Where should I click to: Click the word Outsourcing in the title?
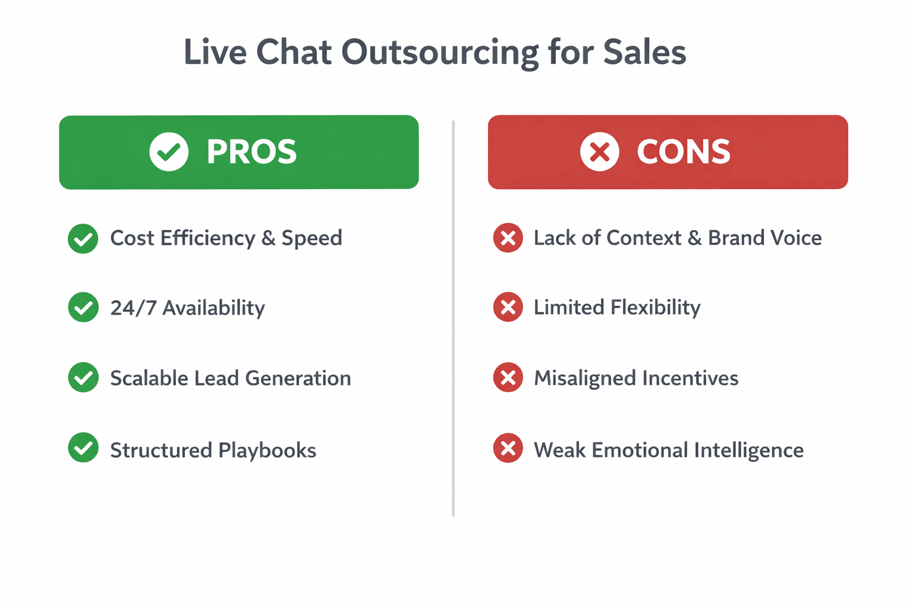click(439, 52)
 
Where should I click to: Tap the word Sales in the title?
click(644, 52)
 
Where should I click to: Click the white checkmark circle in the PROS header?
click(169, 152)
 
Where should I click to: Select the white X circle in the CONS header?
click(599, 152)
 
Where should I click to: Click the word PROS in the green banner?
click(251, 152)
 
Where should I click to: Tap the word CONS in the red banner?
click(684, 152)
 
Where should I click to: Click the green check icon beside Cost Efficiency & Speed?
click(83, 238)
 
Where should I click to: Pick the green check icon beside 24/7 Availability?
click(83, 307)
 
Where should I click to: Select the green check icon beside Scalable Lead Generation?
click(83, 378)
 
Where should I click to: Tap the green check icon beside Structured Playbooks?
click(83, 448)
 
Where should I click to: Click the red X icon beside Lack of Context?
click(508, 238)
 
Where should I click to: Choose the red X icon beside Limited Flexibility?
click(508, 307)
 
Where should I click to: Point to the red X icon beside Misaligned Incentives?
click(508, 378)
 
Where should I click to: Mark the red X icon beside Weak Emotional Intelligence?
click(508, 448)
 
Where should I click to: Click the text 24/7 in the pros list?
click(133, 308)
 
